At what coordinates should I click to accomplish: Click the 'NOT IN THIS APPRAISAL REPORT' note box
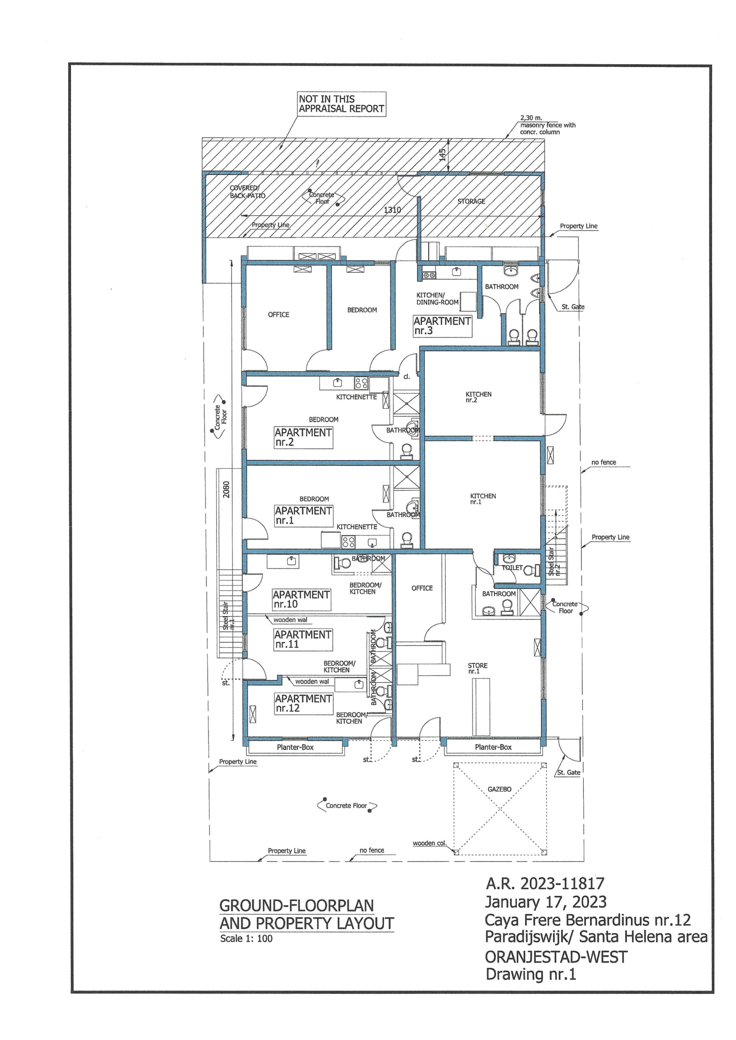pyautogui.click(x=342, y=104)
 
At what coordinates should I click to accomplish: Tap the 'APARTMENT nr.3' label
pyautogui.click(x=442, y=326)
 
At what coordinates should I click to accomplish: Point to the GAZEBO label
pyautogui.click(x=499, y=789)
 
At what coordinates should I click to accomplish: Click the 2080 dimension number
pyautogui.click(x=227, y=490)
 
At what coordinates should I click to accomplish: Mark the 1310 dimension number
pyautogui.click(x=393, y=210)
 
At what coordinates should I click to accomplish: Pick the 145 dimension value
pyautogui.click(x=443, y=155)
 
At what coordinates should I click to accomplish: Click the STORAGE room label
pyautogui.click(x=472, y=201)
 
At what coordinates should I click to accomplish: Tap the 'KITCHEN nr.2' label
pyautogui.click(x=478, y=397)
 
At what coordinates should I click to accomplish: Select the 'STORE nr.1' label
pyautogui.click(x=478, y=668)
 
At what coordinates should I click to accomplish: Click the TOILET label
pyautogui.click(x=512, y=568)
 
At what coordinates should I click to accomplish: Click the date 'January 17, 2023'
pyautogui.click(x=545, y=903)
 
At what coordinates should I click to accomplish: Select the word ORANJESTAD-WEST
pyautogui.click(x=556, y=957)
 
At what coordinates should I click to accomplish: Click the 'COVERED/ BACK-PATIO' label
pyautogui.click(x=248, y=192)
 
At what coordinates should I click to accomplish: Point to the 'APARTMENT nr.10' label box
pyautogui.click(x=301, y=599)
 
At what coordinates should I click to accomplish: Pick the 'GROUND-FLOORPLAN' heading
pyautogui.click(x=297, y=906)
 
